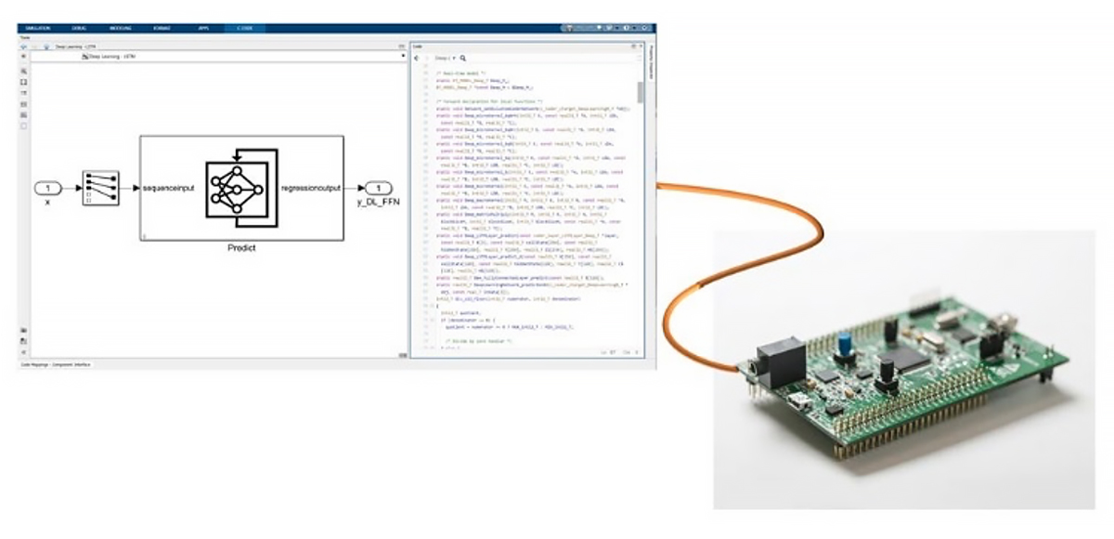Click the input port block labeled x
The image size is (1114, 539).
(x=48, y=189)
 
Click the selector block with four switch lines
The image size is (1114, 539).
(x=100, y=189)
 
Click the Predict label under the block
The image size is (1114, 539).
(x=241, y=249)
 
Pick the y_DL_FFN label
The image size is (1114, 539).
(x=378, y=203)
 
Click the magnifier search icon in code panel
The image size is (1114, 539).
(x=462, y=58)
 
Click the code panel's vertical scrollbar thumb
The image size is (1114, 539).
(x=641, y=92)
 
